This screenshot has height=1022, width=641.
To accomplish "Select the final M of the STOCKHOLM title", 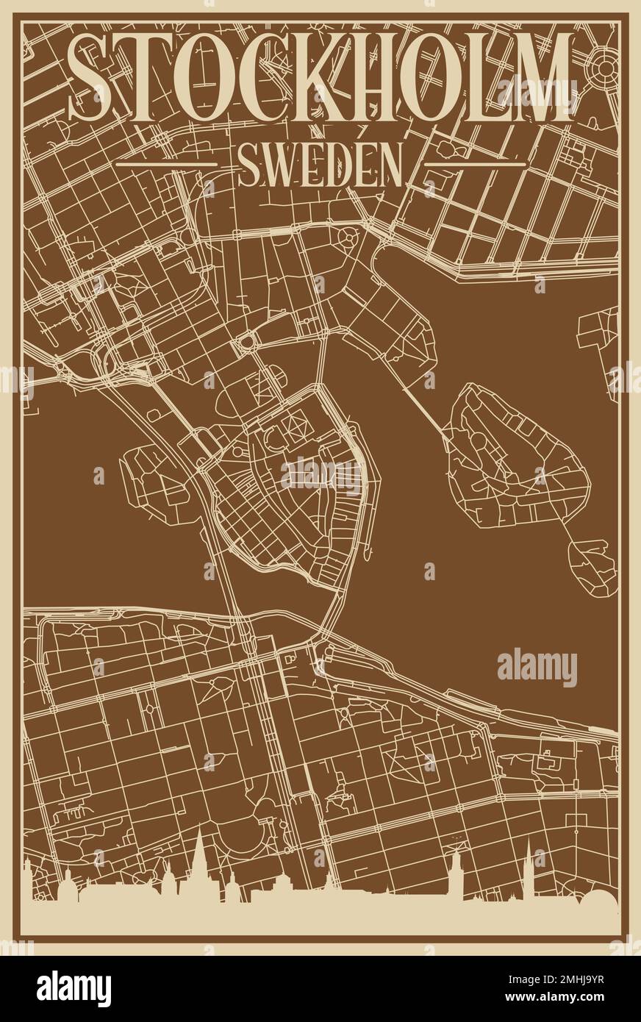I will [x=540, y=77].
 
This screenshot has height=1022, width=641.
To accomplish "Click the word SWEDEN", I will [x=320, y=165].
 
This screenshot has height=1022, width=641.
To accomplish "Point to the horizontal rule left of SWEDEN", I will [x=168, y=164].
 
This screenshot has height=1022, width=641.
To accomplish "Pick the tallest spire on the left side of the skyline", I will [x=199, y=857].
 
